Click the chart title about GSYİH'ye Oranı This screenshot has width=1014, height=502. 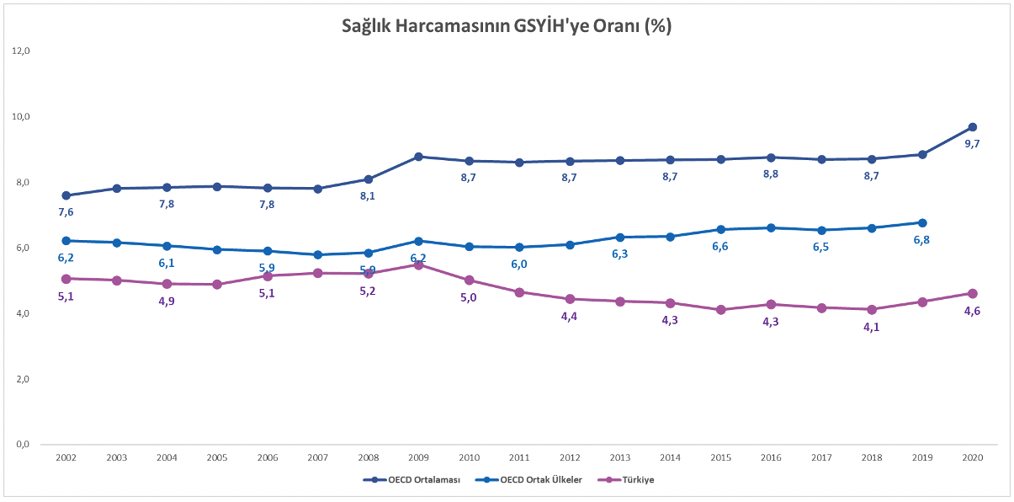tap(506, 26)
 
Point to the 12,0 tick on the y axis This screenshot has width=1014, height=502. tap(21, 51)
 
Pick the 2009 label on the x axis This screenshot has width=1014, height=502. tap(418, 457)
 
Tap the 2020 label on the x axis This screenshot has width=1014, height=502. tap(973, 457)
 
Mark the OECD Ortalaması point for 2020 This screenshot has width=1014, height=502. tap(973, 127)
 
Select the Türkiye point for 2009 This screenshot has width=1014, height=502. tap(418, 264)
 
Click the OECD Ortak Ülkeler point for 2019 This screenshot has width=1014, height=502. tap(922, 222)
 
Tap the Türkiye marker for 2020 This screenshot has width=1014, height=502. tap(973, 293)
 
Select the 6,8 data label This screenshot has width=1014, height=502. tap(922, 240)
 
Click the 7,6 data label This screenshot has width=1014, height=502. tap(66, 212)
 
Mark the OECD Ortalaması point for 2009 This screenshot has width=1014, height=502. tap(418, 157)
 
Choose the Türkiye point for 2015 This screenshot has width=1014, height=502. tap(720, 310)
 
